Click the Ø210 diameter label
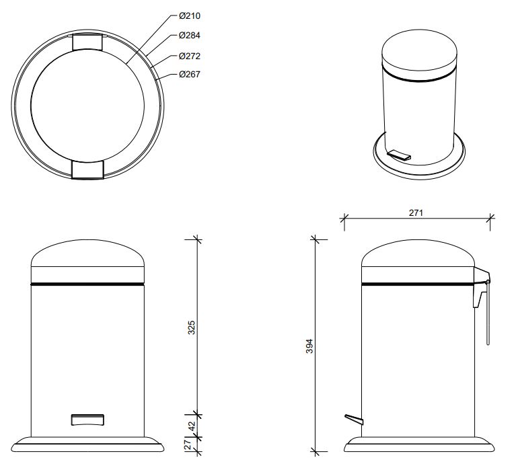point(190,16)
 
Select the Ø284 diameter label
point(190,36)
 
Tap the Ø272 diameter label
point(190,56)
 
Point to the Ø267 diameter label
point(190,74)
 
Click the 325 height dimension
point(192,327)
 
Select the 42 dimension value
point(192,426)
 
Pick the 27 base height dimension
point(188,444)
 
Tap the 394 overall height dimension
point(309,346)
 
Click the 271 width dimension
point(416,213)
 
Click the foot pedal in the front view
point(87,420)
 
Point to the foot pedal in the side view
point(354,419)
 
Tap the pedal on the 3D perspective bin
point(399,155)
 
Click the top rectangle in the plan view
point(87,42)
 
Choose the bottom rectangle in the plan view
point(87,170)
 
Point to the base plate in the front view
point(87,444)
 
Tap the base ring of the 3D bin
point(419,156)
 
